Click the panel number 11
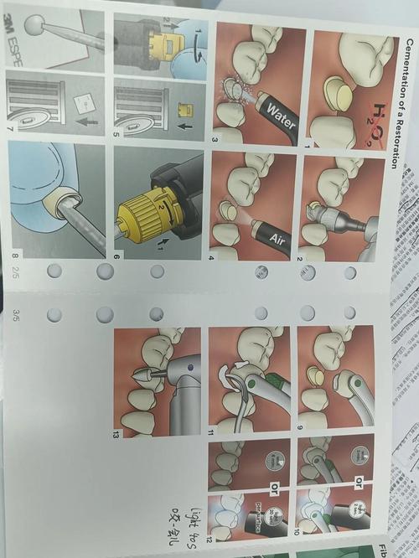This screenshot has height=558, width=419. click(214, 433)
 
